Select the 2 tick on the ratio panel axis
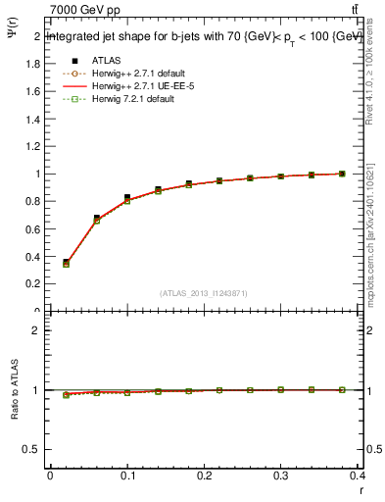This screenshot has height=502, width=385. coord(36,330)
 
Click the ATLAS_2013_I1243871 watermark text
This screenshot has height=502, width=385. coord(203,293)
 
